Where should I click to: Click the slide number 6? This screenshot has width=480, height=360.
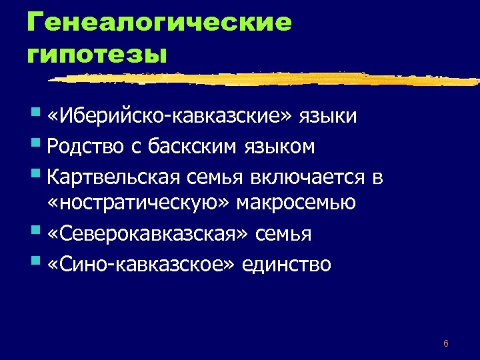coord(445,344)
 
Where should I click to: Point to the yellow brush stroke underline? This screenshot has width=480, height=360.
coord(267,79)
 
